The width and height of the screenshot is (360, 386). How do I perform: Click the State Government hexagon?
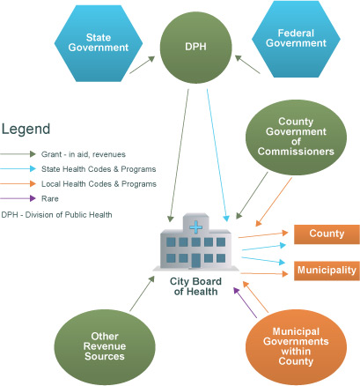pos(99,43)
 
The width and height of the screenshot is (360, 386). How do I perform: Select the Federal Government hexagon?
pos(296,39)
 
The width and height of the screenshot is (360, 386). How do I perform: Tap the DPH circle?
pos(195,47)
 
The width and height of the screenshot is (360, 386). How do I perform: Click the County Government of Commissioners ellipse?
pos(296,137)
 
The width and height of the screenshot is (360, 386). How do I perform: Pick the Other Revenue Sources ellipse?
pos(105,346)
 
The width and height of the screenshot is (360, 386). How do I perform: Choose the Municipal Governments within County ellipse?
pos(296,346)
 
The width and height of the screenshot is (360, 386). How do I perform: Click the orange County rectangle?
pos(327,234)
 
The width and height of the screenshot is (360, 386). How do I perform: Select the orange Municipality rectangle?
pos(327,271)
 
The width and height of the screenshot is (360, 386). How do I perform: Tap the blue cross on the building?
pos(195,227)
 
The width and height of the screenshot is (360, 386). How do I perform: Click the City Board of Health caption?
pos(195,286)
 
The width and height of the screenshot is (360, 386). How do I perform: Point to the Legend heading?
pos(26,130)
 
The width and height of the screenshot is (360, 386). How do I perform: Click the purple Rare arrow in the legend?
pos(18,198)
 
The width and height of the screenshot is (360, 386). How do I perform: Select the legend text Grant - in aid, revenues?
pos(84,154)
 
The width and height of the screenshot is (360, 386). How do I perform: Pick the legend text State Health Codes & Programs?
pos(99,169)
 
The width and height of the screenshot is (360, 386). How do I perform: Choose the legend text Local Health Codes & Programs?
pos(99,184)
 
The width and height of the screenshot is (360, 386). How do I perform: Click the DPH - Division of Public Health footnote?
pos(56,215)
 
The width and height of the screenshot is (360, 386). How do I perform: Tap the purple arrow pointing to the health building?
pos(245,302)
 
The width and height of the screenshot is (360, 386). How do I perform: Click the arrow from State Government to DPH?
pos(142,64)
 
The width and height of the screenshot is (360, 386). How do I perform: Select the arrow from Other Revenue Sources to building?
pos(142,293)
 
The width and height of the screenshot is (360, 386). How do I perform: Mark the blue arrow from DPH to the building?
pos(217,155)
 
